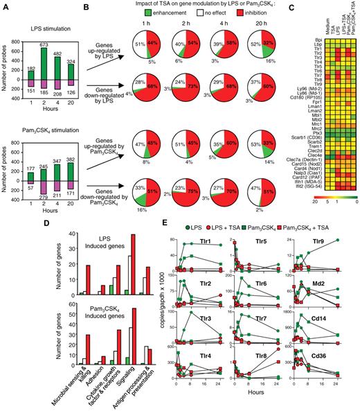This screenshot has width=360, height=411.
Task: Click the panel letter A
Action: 5,6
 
